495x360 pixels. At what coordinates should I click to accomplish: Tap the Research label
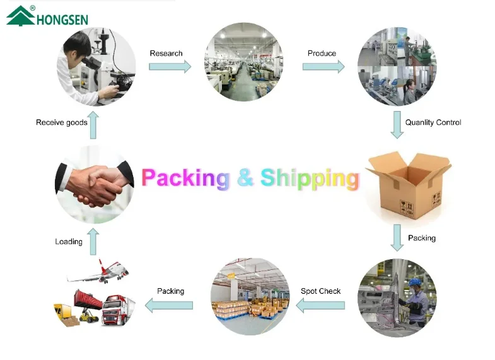pyautogui.click(x=166, y=54)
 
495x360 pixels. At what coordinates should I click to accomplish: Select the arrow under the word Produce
pyautogui.click(x=323, y=66)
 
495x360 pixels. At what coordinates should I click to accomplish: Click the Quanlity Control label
pyautogui.click(x=433, y=122)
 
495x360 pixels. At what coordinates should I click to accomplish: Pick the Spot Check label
pyautogui.click(x=320, y=291)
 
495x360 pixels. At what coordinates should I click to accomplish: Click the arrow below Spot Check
pyautogui.click(x=320, y=306)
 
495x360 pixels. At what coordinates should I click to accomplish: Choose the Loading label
pyautogui.click(x=69, y=241)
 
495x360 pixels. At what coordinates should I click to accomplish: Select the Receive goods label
pyautogui.click(x=61, y=122)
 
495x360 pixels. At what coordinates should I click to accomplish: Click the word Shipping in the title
pyautogui.click(x=310, y=178)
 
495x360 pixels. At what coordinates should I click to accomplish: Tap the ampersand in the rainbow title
pyautogui.click(x=245, y=178)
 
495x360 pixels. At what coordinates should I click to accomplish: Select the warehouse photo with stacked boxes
pyautogui.click(x=249, y=296)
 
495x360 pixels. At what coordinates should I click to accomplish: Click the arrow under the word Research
pyautogui.click(x=170, y=67)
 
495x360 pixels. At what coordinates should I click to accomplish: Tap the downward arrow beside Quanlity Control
pyautogui.click(x=396, y=125)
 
